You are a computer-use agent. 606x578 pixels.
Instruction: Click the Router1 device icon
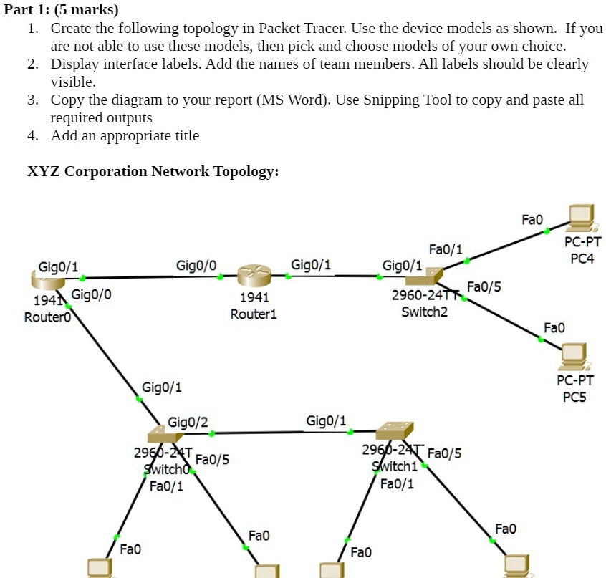click(x=254, y=276)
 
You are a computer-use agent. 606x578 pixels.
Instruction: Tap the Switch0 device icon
click(x=165, y=433)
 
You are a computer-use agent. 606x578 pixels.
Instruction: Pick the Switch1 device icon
click(x=393, y=430)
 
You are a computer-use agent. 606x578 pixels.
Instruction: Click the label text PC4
click(x=582, y=258)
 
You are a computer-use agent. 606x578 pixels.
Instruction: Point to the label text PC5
click(x=574, y=397)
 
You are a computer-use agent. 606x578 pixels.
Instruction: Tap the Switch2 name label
click(x=424, y=312)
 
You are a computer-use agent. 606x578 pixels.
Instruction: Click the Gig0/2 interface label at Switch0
click(x=188, y=422)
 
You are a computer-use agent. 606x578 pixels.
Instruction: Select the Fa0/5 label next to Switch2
click(x=484, y=286)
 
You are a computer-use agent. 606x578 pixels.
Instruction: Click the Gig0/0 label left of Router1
click(x=196, y=265)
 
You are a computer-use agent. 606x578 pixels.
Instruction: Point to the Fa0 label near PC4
click(x=532, y=218)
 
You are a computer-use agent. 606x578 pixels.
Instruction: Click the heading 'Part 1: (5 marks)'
click(x=62, y=9)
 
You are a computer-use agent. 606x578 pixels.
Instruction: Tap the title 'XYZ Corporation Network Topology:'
click(x=153, y=171)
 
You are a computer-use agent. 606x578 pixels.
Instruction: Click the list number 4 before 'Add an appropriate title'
click(x=33, y=135)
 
